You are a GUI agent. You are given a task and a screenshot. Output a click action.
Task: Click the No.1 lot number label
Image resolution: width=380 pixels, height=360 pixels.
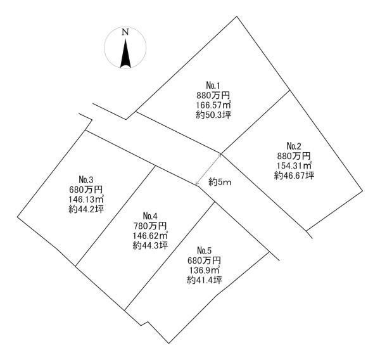point(212,86)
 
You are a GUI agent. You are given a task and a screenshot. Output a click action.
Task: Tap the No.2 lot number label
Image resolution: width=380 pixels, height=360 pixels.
point(294,145)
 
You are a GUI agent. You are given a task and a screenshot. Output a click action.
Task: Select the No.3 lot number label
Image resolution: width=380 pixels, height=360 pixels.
point(86,178)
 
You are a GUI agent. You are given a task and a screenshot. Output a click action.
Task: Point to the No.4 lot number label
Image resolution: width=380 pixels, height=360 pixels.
point(150,215)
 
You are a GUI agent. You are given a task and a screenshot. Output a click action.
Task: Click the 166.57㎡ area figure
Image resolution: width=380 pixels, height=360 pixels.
point(213,105)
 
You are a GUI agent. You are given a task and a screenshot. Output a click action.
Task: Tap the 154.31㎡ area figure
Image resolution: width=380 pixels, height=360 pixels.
point(294,165)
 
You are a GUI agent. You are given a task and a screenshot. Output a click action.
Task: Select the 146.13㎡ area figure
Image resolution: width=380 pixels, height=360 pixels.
point(87,198)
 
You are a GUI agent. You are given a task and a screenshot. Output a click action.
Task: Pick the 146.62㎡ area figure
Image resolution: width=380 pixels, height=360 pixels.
point(151,235)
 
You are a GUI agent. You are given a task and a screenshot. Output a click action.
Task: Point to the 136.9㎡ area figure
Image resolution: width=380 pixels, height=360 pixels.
point(204,269)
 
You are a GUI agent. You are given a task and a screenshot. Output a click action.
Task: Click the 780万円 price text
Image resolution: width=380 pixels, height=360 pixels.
point(150,225)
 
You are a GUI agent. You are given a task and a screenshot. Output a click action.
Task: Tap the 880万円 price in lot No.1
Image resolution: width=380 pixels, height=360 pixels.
point(212,95)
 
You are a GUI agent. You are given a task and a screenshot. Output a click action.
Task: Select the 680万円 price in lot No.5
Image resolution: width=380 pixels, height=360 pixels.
point(204,259)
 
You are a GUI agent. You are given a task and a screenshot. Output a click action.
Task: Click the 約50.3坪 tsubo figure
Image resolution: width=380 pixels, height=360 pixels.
point(213,115)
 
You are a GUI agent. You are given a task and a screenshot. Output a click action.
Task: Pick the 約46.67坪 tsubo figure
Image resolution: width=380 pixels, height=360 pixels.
point(294,176)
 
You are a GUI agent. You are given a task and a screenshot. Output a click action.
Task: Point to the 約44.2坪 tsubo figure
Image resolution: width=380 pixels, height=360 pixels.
point(87,209)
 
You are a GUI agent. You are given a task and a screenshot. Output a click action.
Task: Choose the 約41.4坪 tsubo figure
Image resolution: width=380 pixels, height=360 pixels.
point(204,280)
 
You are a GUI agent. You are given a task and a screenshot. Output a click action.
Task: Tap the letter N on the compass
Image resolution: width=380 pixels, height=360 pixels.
point(125,32)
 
